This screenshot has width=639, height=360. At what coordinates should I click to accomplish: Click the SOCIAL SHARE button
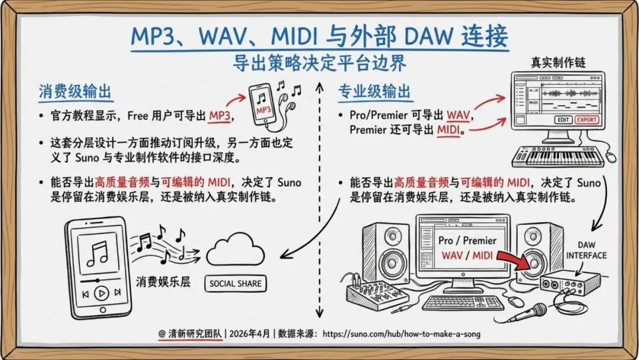click(x=235, y=284)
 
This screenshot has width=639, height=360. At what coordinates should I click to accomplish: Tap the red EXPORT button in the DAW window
click(x=586, y=120)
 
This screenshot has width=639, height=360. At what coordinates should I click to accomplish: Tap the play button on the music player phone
click(x=102, y=292)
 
